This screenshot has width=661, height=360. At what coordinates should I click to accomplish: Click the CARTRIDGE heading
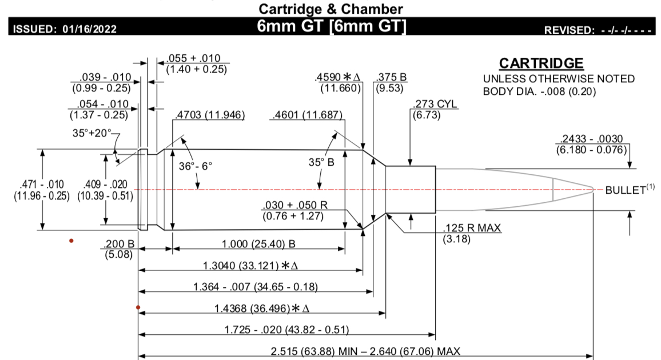(x=541, y=63)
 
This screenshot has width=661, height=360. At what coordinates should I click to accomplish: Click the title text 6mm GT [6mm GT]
(x=331, y=26)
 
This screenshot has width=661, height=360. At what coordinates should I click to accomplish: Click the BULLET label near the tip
(x=626, y=190)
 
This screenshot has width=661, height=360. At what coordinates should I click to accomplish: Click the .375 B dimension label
(x=391, y=77)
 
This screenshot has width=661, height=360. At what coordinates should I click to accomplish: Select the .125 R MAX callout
(x=472, y=228)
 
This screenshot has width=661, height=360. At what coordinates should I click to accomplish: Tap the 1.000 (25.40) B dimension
(x=258, y=244)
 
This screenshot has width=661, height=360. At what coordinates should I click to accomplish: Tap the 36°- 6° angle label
(x=195, y=166)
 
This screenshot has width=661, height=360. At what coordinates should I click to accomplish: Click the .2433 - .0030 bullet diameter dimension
(x=591, y=138)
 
